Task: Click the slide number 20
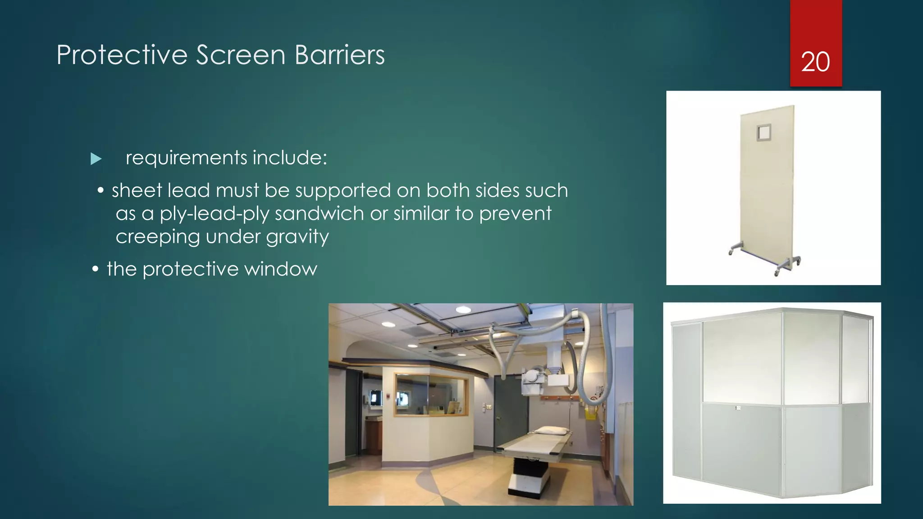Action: click(815, 62)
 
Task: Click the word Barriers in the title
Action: click(339, 55)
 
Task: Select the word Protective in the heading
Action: click(122, 55)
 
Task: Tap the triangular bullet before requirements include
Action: click(96, 159)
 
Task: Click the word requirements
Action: click(186, 158)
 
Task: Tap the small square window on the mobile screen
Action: click(764, 133)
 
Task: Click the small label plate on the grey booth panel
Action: click(738, 408)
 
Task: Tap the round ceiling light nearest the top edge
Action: click(463, 310)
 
